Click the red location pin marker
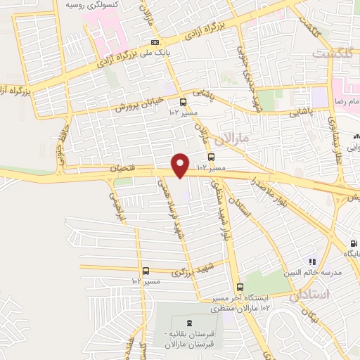click(x=181, y=165)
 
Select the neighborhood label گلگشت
click(x=335, y=53)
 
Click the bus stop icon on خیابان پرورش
click(x=183, y=101)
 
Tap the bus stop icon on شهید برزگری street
click(x=146, y=271)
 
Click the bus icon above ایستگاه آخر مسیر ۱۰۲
click(x=240, y=287)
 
